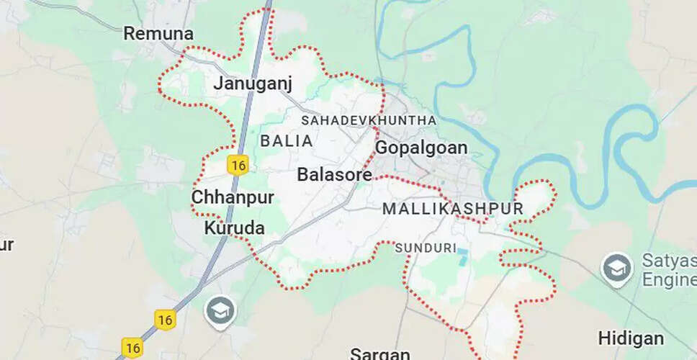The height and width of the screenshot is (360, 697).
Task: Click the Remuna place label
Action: tap(158, 33)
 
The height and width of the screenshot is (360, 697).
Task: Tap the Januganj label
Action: tap(253, 84)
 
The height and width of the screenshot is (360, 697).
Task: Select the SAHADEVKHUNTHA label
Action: tap(369, 120)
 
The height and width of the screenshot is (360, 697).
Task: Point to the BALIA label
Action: tap(287, 141)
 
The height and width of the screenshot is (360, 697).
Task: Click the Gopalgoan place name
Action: tap(421, 148)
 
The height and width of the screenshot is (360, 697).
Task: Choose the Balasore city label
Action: tap(335, 174)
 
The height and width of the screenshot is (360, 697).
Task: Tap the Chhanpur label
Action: tap(233, 197)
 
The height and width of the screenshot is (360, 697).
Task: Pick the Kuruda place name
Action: tap(235, 228)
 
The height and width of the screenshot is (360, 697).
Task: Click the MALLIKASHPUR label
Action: tap(453, 209)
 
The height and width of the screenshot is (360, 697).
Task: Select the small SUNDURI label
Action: tap(426, 248)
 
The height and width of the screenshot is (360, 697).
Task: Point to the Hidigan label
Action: tap(631, 338)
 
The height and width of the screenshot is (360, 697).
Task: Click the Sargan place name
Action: tap(380, 354)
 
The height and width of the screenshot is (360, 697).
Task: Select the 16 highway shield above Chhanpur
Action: tap(238, 165)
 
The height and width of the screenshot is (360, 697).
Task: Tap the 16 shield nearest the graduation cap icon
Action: tap(165, 319)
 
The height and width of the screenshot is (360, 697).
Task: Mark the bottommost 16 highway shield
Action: tap(132, 348)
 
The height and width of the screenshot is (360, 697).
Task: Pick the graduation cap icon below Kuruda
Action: tap(218, 311)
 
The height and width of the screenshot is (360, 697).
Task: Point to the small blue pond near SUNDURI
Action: tap(462, 253)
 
